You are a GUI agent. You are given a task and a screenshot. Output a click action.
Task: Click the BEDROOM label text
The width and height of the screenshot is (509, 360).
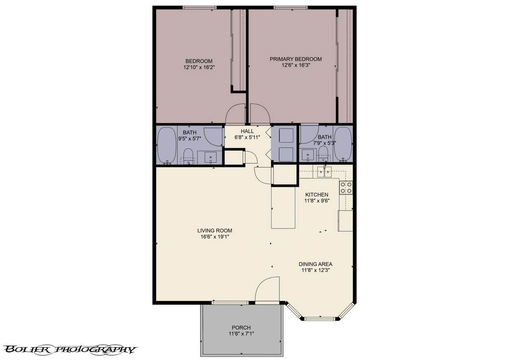[199, 61]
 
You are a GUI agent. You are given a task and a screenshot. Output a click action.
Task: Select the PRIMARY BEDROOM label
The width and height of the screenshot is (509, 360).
[295, 59]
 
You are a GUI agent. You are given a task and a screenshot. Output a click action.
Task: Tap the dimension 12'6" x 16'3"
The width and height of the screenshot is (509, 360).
[295, 65]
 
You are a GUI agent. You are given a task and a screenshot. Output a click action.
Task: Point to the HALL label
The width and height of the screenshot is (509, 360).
[247, 131]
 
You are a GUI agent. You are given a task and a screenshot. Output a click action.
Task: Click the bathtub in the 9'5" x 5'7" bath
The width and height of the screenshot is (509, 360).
[167, 145]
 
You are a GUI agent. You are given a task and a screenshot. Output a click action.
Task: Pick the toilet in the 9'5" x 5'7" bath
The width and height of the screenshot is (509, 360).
[188, 156]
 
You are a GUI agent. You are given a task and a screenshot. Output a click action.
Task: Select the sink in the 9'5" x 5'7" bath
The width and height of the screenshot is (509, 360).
[210, 157]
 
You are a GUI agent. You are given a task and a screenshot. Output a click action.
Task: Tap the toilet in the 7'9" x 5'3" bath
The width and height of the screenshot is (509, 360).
[323, 154]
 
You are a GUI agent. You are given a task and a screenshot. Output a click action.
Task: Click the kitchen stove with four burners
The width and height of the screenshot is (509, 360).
[346, 188]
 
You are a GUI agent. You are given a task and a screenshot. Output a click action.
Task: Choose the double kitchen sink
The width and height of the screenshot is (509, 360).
[324, 172]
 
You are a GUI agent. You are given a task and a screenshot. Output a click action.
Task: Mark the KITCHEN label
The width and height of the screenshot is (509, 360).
[317, 195]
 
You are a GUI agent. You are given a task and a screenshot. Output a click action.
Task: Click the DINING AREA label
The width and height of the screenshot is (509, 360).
[315, 264]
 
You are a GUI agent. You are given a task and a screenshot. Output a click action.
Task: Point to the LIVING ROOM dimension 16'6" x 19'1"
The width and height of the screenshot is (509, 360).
[215, 237]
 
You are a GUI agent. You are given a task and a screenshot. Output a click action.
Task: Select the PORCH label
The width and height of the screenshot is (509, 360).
[241, 327]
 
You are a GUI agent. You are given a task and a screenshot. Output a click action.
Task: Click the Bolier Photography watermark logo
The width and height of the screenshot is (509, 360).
[70, 350]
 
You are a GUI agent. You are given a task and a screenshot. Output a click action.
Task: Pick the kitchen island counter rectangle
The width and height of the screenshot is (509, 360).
[283, 207]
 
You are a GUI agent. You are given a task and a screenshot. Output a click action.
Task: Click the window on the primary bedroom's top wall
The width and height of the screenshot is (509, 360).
[290, 8]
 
